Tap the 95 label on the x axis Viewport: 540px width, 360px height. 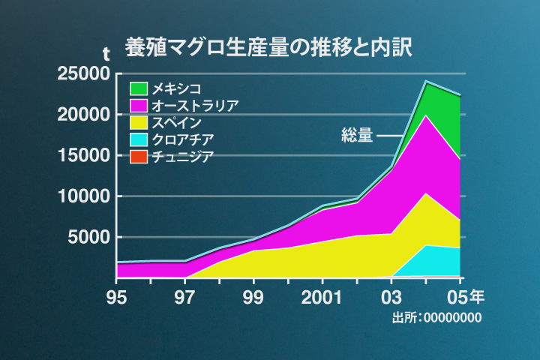coord(116,297)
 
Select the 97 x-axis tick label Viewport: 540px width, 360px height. coord(185,297)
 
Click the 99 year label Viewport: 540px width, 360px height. coord(254,297)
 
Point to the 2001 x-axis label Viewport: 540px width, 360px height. coord(323,297)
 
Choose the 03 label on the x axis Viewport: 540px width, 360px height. coord(391,297)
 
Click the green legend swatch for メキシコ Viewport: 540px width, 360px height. coord(139,88)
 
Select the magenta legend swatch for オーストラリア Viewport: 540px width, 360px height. coord(139,106)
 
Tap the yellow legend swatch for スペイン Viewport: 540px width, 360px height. coord(139,122)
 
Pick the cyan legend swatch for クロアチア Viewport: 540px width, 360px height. coord(139,139)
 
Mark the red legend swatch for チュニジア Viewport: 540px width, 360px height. coord(139,157)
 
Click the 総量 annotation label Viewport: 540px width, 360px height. coord(356,136)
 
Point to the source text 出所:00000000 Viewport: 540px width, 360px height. coord(436,318)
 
